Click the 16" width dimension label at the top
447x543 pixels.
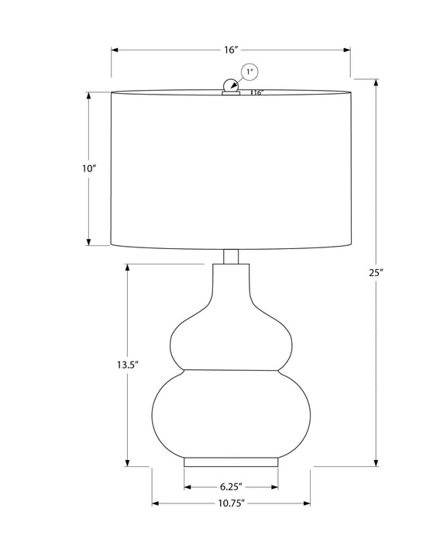(x=231, y=50)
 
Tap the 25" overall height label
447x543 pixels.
(x=377, y=272)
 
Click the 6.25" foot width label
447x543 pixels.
(x=231, y=486)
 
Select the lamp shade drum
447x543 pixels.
(x=231, y=169)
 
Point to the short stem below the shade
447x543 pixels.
(x=231, y=257)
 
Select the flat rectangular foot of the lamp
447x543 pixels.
(x=231, y=462)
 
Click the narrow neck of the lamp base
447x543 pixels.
(x=231, y=283)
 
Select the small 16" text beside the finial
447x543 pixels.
(x=258, y=93)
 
